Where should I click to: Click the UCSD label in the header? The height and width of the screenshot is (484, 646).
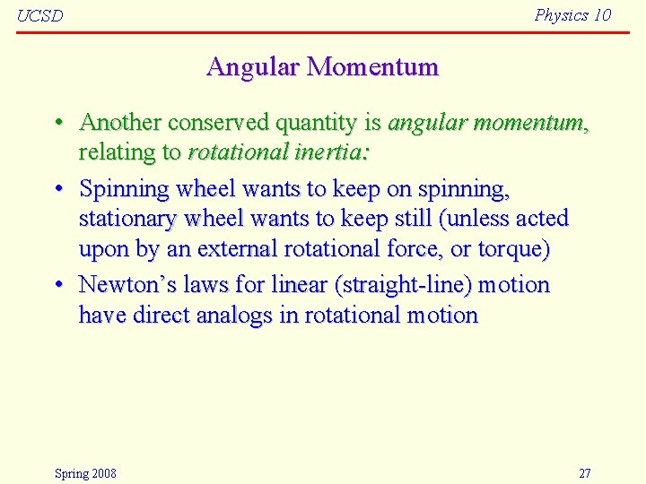40,16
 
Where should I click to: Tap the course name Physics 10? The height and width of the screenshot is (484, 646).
572,14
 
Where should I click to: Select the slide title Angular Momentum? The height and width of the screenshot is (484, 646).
322,66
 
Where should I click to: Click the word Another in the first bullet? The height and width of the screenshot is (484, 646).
119,122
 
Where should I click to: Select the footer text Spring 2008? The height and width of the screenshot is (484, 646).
85,473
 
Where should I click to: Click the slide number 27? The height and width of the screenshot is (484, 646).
584,473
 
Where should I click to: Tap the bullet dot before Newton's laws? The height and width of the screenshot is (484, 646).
57,285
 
